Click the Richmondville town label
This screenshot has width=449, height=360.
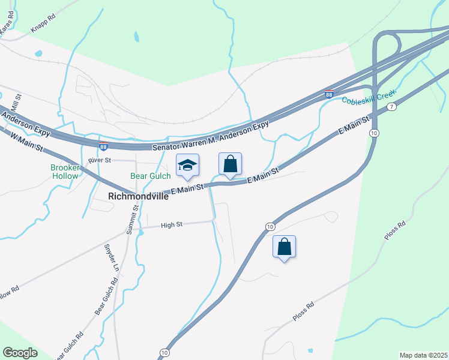click(139, 196)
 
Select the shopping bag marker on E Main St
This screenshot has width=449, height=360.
click(230, 164)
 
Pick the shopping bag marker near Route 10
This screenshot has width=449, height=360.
click(285, 247)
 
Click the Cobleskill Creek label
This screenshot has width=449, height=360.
click(370, 99)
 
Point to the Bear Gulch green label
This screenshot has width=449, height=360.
click(151, 176)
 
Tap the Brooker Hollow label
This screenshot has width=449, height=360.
click(65, 172)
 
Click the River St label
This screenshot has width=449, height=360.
click(100, 161)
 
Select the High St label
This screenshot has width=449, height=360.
click(171, 225)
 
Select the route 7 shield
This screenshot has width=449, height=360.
click(391, 107)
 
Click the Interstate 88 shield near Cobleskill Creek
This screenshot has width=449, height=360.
click(328, 94)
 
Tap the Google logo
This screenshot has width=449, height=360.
click(20, 353)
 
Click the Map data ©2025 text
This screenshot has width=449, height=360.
click(423, 355)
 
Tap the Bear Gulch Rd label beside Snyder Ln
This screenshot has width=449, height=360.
click(104, 297)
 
